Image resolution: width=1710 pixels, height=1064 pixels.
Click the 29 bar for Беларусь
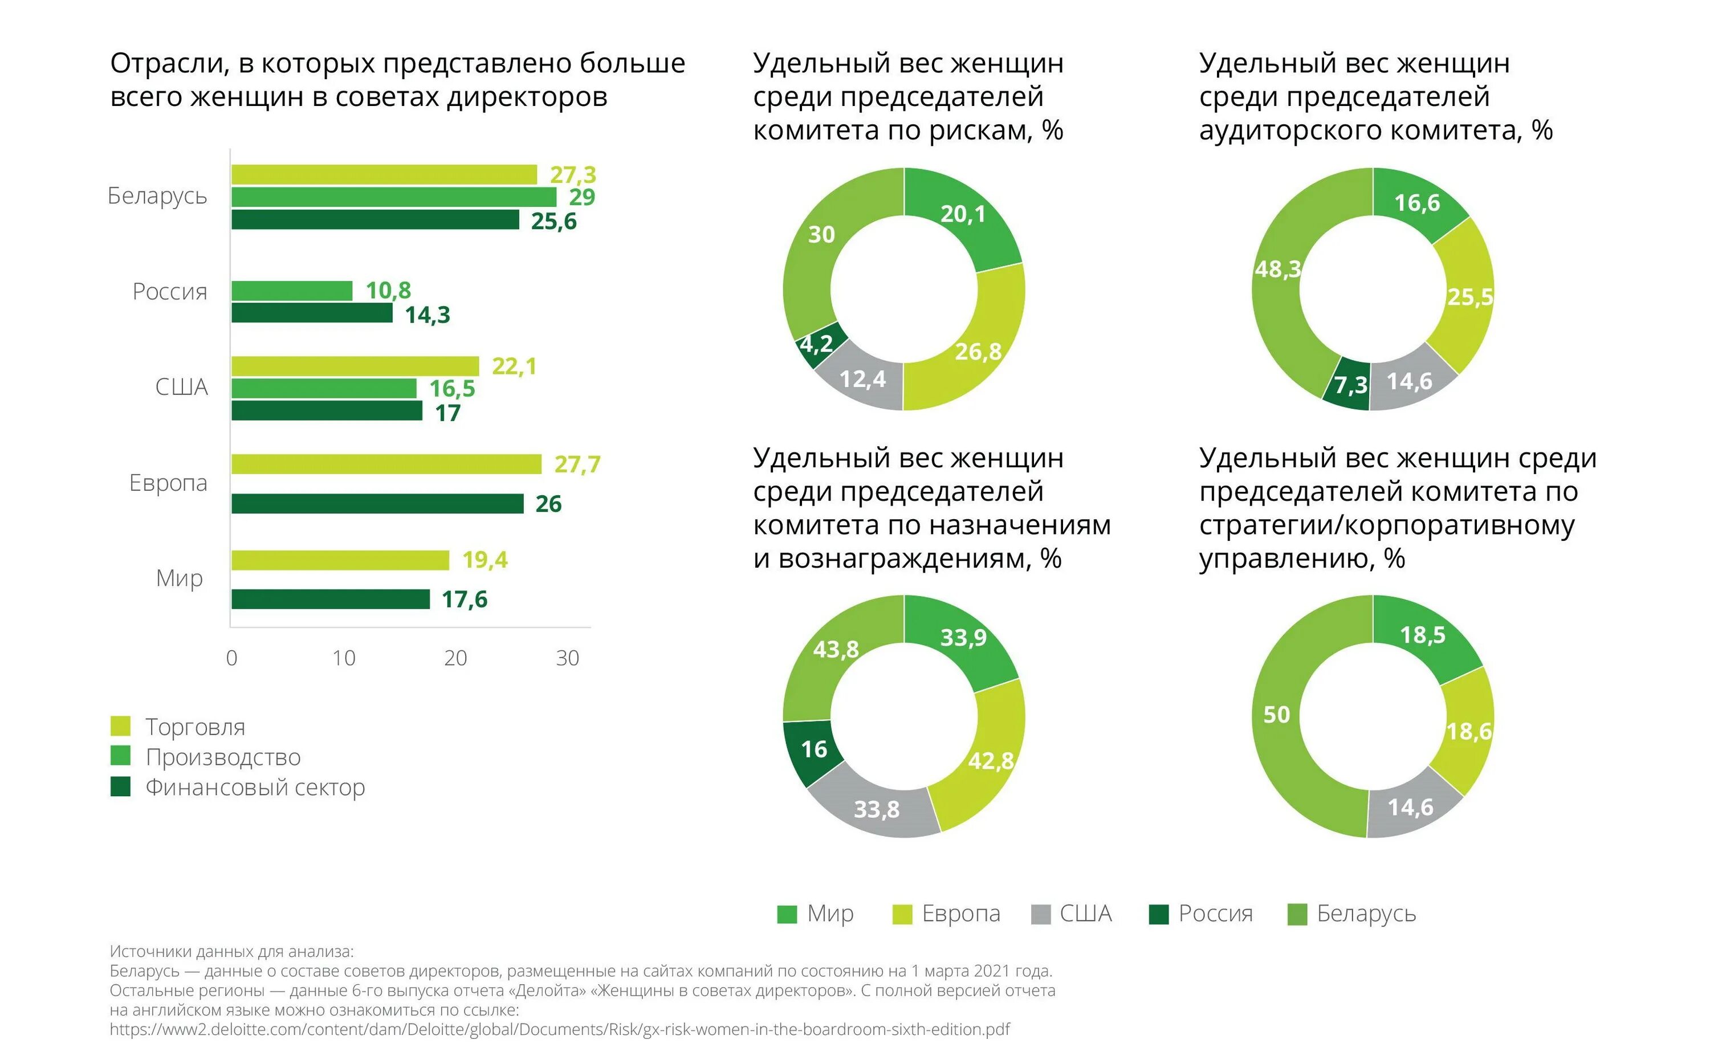393,197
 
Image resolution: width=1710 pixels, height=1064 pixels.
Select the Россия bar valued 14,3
312,313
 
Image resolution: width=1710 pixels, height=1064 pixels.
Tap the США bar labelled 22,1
355,366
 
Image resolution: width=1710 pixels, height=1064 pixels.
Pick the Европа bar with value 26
377,504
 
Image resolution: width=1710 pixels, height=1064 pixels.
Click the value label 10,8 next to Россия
388,290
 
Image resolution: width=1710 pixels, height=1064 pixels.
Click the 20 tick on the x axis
455,658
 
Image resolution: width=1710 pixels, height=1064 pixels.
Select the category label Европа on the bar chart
168,483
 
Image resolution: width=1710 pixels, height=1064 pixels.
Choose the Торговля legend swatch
120,726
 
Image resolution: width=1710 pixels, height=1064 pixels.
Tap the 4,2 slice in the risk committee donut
817,344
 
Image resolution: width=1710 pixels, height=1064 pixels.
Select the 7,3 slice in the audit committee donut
1349,385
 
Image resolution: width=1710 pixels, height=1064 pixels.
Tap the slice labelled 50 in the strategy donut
1277,715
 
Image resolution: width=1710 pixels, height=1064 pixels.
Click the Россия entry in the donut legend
1215,914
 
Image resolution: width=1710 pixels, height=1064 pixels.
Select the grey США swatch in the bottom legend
1040,914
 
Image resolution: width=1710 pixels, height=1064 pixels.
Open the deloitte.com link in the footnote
559,1029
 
